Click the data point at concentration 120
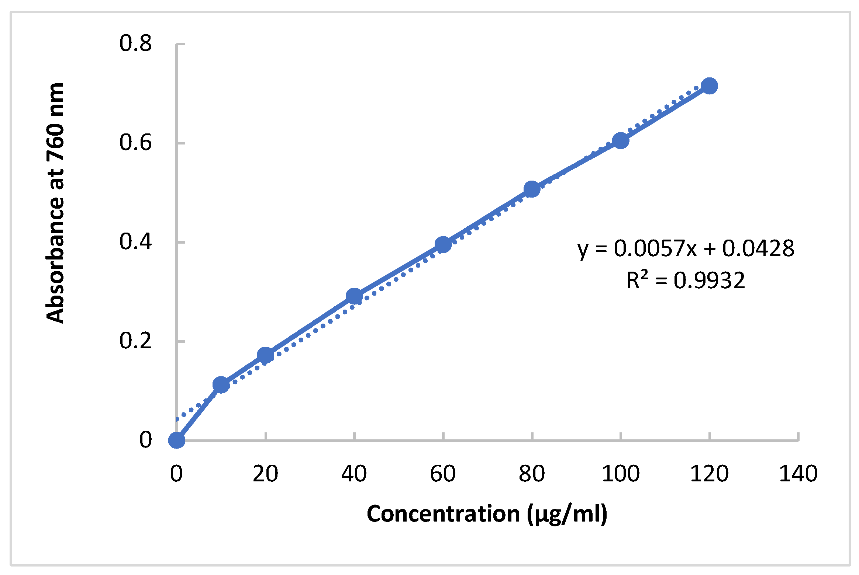(x=709, y=86)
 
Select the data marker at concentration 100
(x=621, y=140)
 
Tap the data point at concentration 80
(x=532, y=189)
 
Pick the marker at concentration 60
(x=443, y=244)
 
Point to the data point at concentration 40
(x=354, y=296)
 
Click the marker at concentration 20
(x=265, y=355)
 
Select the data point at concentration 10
(x=221, y=385)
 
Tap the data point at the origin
(x=176, y=440)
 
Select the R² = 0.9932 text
(x=686, y=280)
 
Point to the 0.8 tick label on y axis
(x=135, y=43)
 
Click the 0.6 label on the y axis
(x=135, y=142)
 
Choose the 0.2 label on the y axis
(x=135, y=341)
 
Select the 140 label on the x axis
(x=798, y=474)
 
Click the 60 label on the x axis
(x=443, y=474)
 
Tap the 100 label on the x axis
(x=621, y=474)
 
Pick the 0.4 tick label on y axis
(x=135, y=241)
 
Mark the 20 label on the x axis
(x=265, y=474)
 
